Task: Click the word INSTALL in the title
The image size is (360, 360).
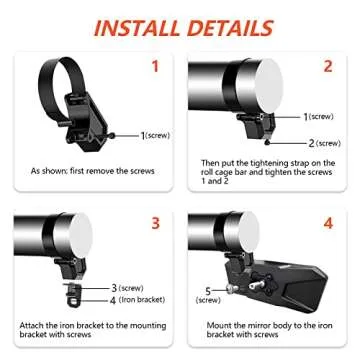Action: pyautogui.click(x=140, y=26)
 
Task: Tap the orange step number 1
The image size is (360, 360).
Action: pyautogui.click(x=154, y=66)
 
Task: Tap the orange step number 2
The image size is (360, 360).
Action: pyautogui.click(x=327, y=66)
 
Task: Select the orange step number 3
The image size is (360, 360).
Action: pyautogui.click(x=154, y=223)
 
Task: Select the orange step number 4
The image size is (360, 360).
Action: pyautogui.click(x=327, y=223)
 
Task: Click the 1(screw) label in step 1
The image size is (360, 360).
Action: pyautogui.click(x=157, y=135)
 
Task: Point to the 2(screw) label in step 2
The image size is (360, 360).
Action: pyautogui.click(x=323, y=142)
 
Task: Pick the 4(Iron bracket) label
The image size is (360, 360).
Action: pyautogui.click(x=137, y=298)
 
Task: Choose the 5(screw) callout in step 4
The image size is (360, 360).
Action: pyautogui.click(x=208, y=295)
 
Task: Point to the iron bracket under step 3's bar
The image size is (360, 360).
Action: pyautogui.click(x=71, y=294)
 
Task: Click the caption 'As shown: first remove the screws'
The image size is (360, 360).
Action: pyautogui.click(x=92, y=171)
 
